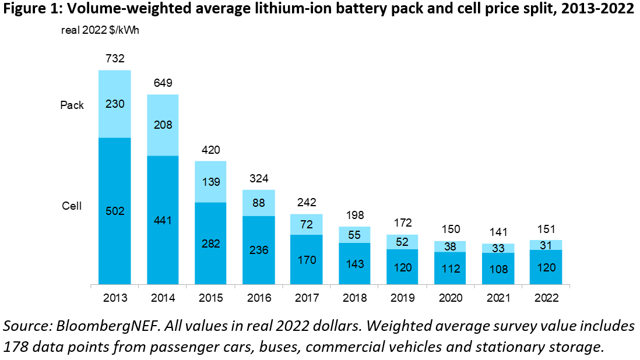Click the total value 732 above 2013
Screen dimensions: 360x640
pyautogui.click(x=114, y=58)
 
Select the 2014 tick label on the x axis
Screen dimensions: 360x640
pyautogui.click(x=162, y=298)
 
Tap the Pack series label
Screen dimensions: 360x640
pyautogui.click(x=72, y=105)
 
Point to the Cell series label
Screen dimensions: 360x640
pyautogui.click(x=72, y=206)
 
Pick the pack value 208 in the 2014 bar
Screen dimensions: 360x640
pyautogui.click(x=163, y=124)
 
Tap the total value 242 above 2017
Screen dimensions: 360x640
pyautogui.click(x=306, y=202)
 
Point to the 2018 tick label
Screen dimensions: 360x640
pyautogui.click(x=354, y=298)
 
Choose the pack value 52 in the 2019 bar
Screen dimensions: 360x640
pyautogui.click(x=402, y=242)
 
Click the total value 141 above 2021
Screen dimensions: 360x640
pyautogui.click(x=498, y=232)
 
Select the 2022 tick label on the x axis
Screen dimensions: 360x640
pyautogui.click(x=546, y=298)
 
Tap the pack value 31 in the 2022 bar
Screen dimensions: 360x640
pyautogui.click(x=546, y=245)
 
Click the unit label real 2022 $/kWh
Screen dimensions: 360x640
pyautogui.click(x=100, y=30)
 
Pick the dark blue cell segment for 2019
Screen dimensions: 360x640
pyautogui.click(x=402, y=267)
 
